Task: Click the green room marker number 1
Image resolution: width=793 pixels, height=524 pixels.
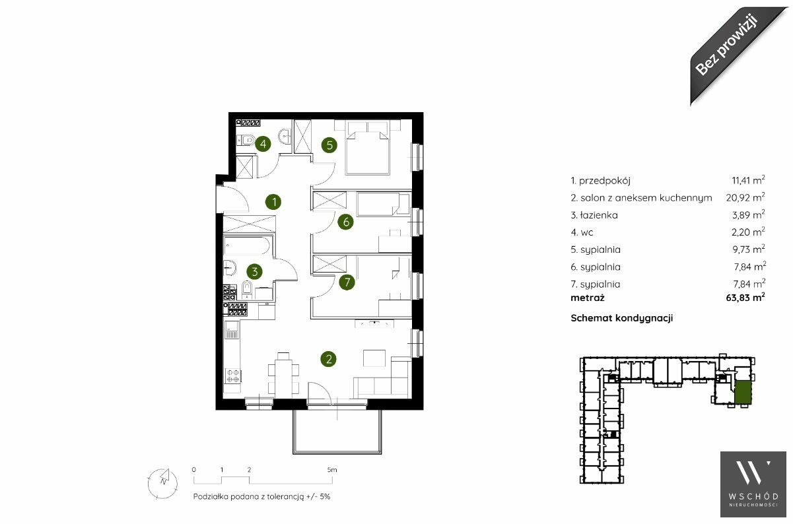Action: [273, 202]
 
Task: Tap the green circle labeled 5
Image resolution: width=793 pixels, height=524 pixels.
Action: [329, 145]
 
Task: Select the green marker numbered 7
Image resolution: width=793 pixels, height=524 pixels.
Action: [347, 282]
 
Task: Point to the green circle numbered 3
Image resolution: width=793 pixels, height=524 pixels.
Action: [254, 271]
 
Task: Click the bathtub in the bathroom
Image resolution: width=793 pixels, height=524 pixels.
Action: [247, 246]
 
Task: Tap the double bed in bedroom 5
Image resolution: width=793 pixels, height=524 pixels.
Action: [368, 148]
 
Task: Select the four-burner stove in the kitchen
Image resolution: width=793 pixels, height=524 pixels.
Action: [233, 376]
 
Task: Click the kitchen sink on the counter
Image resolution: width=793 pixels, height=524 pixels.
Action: [232, 330]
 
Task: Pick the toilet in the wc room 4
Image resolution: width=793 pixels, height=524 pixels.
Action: [246, 141]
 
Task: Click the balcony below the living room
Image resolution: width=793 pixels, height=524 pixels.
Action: [337, 432]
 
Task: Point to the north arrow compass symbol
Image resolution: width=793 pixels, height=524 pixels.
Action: [162, 483]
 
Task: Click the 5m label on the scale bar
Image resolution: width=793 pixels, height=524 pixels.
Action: [332, 470]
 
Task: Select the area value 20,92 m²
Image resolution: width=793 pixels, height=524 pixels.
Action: [745, 197]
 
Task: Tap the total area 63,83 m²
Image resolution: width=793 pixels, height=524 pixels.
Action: [745, 298]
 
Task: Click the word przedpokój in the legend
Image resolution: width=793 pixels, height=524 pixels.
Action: [605, 181]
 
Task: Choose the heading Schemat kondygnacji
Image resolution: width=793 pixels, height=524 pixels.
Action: [621, 318]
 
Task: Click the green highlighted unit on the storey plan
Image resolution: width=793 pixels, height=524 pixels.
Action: [742, 393]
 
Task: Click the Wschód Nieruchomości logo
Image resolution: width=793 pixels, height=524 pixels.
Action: [753, 484]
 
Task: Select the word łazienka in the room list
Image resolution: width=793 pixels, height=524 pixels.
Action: [599, 215]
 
